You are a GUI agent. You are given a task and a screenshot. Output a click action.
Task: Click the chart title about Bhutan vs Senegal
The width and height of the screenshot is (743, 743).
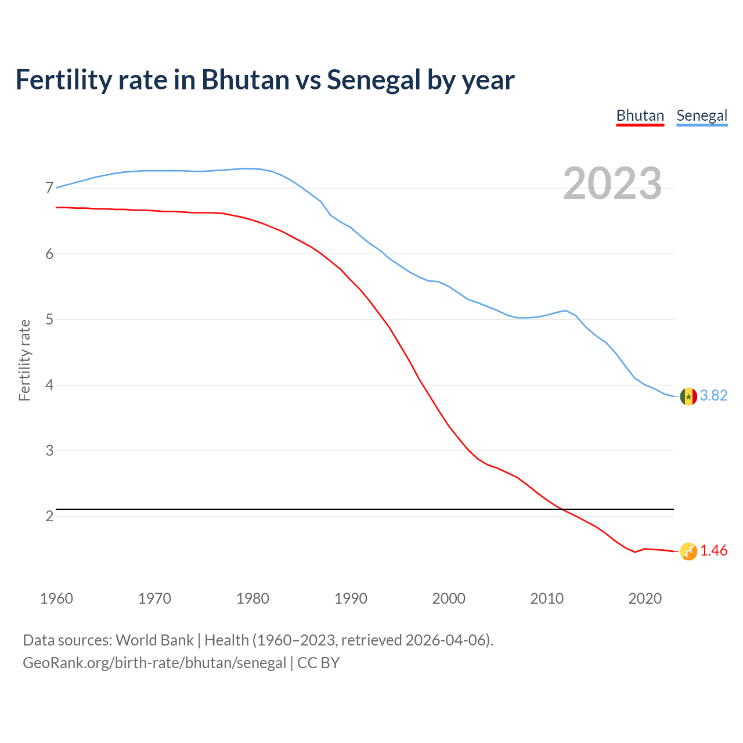pyautogui.click(x=265, y=80)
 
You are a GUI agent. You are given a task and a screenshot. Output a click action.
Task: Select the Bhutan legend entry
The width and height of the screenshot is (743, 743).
pyautogui.click(x=640, y=116)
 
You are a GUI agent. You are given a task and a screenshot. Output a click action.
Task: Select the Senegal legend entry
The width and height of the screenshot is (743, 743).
pyautogui.click(x=702, y=116)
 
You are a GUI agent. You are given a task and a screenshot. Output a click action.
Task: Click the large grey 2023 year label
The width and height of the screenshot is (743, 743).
pyautogui.click(x=612, y=183)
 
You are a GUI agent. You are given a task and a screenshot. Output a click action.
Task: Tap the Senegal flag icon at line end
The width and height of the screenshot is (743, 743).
pyautogui.click(x=688, y=396)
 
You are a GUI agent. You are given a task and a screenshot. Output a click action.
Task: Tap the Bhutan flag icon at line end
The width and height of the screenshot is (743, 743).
pyautogui.click(x=688, y=551)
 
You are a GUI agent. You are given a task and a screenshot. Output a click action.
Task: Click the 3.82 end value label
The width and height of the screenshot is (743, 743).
pyautogui.click(x=713, y=395)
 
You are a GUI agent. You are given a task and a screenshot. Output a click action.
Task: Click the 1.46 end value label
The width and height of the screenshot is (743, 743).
pyautogui.click(x=713, y=551)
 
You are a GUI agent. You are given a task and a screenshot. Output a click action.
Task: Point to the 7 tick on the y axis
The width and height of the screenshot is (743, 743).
pyautogui.click(x=49, y=188)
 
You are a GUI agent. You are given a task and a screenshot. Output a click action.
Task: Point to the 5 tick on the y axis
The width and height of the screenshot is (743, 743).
pyautogui.click(x=49, y=319)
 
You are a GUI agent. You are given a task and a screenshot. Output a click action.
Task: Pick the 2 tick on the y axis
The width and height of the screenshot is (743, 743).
pyautogui.click(x=49, y=516)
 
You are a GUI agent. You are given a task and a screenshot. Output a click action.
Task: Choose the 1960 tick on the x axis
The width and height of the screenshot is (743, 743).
pyautogui.click(x=56, y=598)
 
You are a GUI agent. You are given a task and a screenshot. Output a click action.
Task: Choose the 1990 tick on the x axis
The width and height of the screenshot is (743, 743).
pyautogui.click(x=351, y=598)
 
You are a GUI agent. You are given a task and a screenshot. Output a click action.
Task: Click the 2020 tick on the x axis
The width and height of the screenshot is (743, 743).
pyautogui.click(x=645, y=598)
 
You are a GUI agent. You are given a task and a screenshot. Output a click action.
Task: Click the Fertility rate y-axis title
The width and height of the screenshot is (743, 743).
pyautogui.click(x=24, y=360)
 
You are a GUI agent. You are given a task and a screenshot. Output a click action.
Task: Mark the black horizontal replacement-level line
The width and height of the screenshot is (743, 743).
pyautogui.click(x=348, y=510)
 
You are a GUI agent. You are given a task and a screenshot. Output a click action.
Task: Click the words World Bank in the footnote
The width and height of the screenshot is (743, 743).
pyautogui.click(x=154, y=640)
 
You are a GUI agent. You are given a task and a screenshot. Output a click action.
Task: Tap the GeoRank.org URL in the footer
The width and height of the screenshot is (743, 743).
pyautogui.click(x=154, y=663)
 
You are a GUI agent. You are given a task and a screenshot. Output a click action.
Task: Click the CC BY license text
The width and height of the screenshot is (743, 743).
pyautogui.click(x=318, y=663)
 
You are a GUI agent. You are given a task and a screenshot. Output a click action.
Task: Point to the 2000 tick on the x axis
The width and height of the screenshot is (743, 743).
pyautogui.click(x=449, y=598)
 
